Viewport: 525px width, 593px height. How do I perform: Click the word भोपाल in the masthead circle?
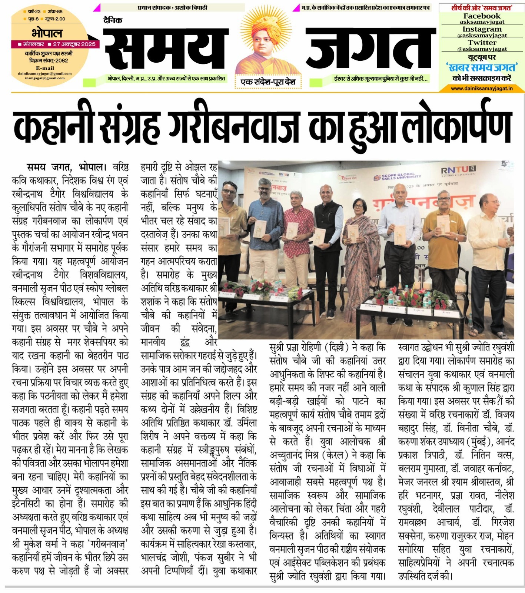pos(47,33)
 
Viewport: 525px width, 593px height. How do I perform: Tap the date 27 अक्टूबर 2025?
pos(74,44)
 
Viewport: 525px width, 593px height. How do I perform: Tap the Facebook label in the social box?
pos(482,16)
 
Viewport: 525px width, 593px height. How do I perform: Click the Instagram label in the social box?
pos(482,29)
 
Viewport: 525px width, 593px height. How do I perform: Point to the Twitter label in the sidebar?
pos(482,42)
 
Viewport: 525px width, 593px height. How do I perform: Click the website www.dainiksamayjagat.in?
pos(482,88)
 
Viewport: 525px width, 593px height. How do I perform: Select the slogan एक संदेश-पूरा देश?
pos(268,82)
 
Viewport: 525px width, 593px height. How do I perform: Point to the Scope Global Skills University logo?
pos(397,177)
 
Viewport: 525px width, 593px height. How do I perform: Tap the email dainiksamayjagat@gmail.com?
pos(45,73)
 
